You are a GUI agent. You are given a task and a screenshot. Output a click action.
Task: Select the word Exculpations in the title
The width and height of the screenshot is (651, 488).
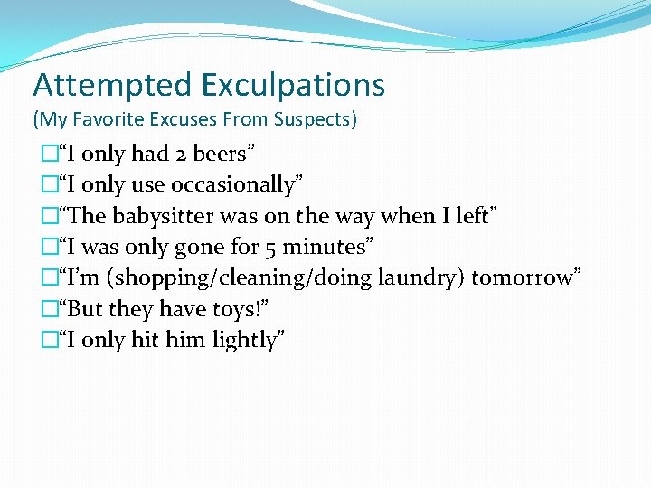(x=294, y=86)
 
